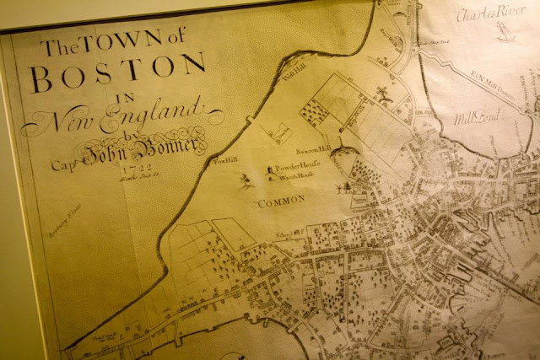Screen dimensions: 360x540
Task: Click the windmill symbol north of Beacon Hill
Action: (383, 90)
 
